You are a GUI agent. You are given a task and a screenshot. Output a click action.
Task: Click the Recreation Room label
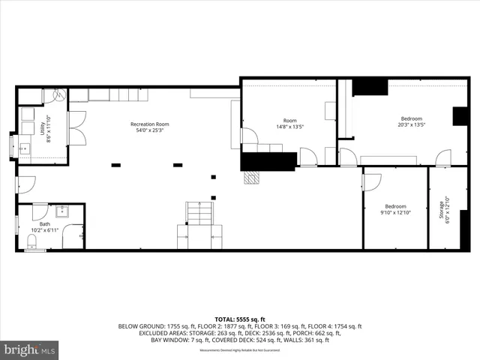(149, 124)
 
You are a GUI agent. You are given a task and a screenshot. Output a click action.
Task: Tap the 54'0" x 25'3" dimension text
(149, 130)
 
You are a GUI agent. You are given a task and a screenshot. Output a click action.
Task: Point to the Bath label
(46, 223)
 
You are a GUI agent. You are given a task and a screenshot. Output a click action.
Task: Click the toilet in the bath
(32, 241)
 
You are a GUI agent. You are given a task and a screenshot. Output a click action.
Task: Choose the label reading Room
(289, 120)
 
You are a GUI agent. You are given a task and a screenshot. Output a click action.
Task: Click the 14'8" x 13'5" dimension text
(289, 127)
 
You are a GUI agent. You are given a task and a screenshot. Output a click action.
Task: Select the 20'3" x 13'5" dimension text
(411, 125)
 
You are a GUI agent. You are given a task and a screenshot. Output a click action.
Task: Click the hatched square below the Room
(256, 178)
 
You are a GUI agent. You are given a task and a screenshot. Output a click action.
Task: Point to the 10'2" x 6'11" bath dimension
(46, 230)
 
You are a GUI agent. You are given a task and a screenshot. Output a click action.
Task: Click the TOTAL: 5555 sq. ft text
(240, 319)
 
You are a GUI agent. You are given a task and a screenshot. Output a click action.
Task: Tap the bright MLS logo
(30, 349)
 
